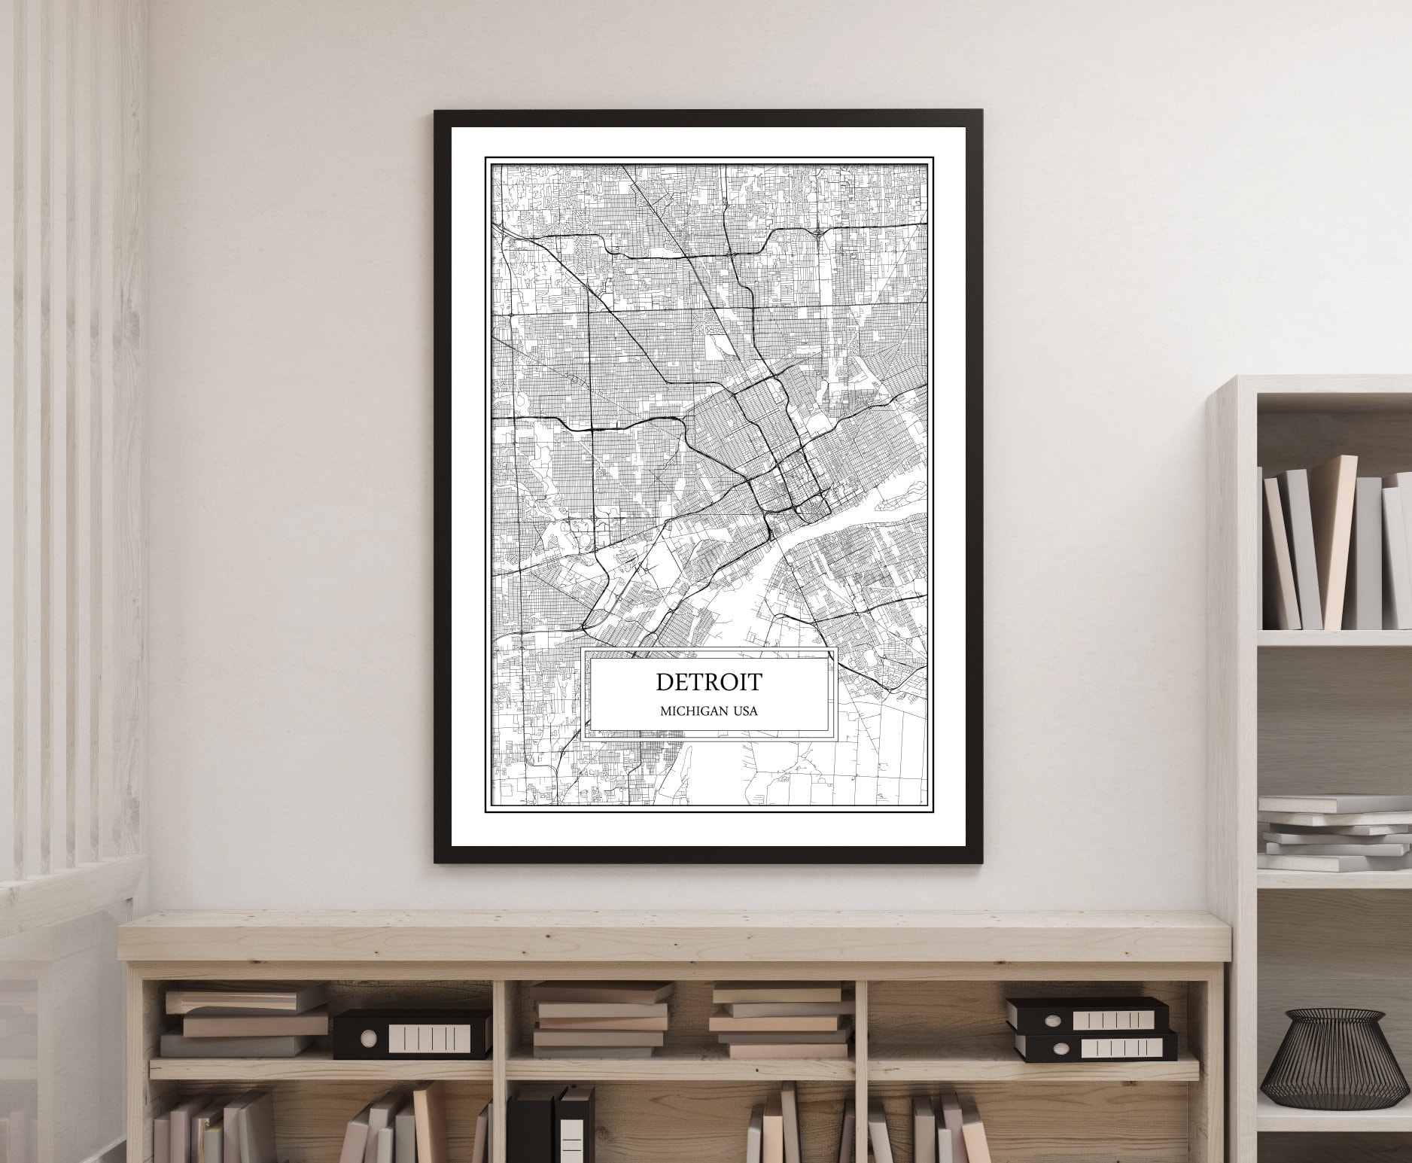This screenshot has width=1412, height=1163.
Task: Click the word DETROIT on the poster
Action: pos(708,682)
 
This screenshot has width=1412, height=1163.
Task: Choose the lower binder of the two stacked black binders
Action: pos(1094,1047)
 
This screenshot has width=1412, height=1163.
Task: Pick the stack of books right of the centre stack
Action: pos(780,1021)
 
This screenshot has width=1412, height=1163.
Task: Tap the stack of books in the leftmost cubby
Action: pos(237,1022)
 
